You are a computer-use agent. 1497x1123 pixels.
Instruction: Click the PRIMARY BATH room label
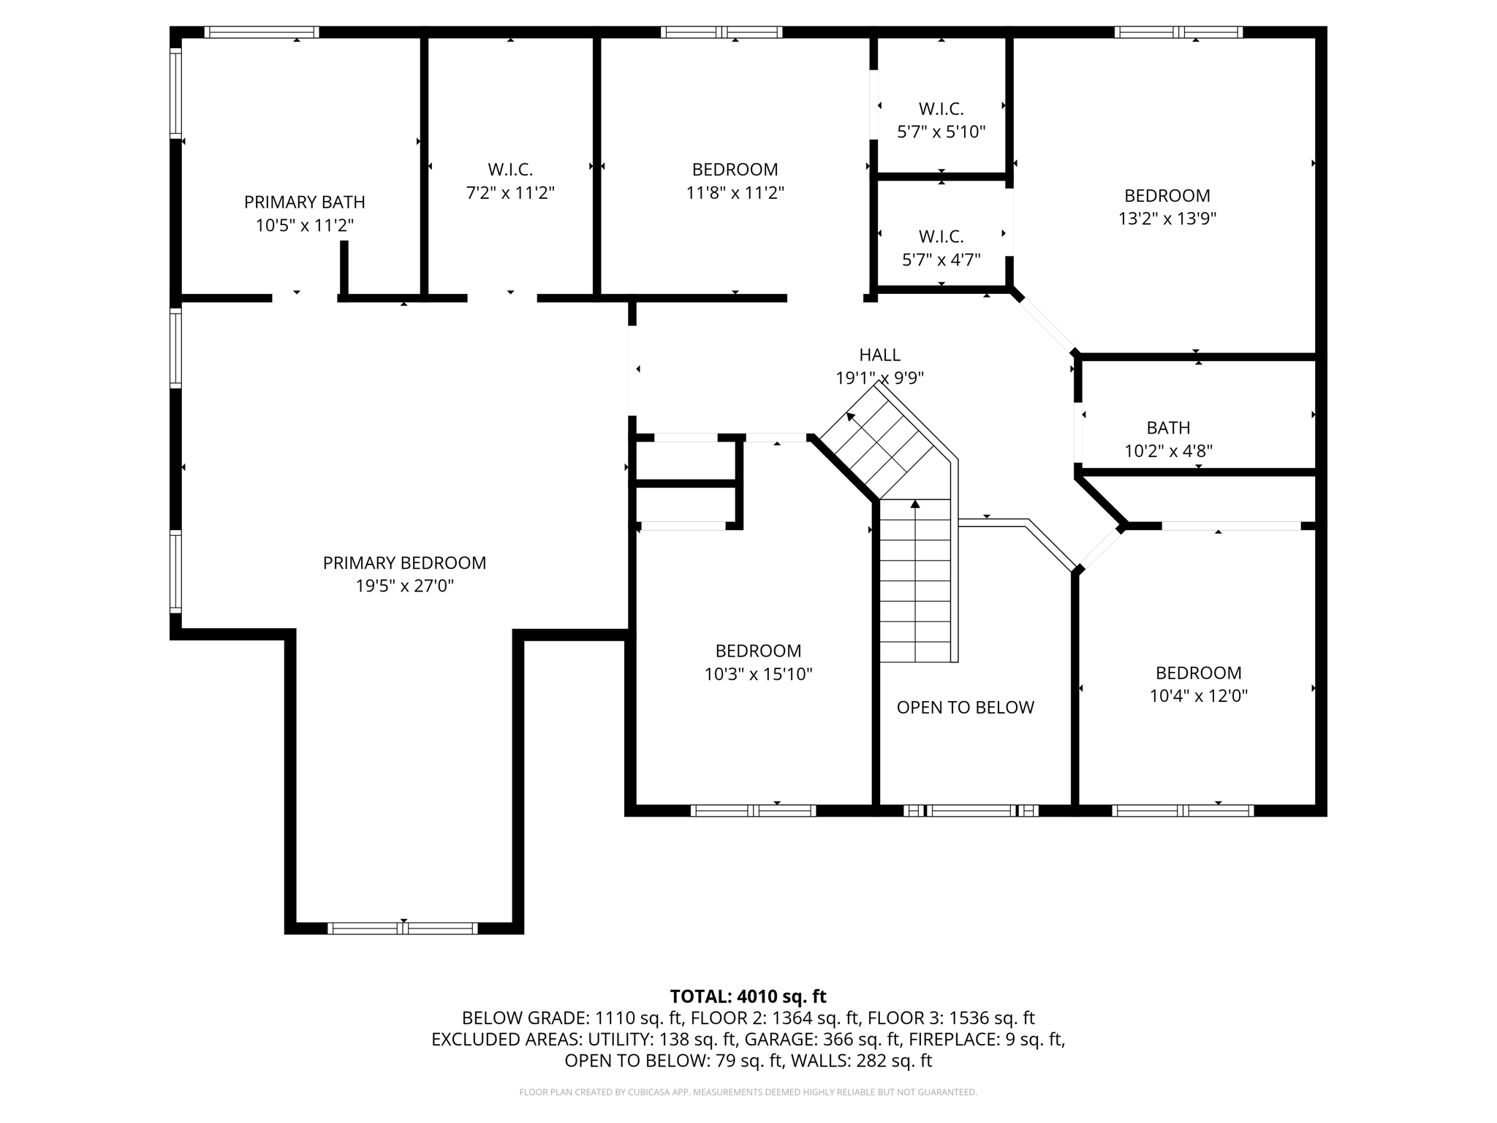[304, 202]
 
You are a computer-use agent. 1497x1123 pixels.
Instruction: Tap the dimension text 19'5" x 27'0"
[404, 586]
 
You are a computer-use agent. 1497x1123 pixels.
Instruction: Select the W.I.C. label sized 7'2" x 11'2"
[510, 170]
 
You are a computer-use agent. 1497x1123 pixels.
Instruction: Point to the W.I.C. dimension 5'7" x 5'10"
[941, 132]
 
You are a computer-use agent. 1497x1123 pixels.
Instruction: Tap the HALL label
[879, 355]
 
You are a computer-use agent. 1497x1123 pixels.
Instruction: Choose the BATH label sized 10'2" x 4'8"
[1168, 428]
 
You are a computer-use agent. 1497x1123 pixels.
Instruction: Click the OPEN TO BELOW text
[965, 708]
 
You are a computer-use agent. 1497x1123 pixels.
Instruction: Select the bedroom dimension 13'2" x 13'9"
[1167, 219]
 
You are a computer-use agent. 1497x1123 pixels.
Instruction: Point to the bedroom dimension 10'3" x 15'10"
[758, 674]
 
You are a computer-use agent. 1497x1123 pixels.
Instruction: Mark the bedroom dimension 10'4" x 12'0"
[1198, 696]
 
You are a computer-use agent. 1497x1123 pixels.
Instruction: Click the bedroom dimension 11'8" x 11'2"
[735, 193]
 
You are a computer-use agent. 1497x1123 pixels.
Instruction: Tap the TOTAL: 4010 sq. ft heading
[748, 997]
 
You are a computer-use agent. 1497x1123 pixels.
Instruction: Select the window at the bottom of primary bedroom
[403, 929]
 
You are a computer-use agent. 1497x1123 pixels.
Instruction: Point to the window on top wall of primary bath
[261, 32]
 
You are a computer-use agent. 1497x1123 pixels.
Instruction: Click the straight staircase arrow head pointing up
[915, 504]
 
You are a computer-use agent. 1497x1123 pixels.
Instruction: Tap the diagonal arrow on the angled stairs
[851, 417]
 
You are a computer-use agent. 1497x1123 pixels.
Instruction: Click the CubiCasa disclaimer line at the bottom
[748, 1092]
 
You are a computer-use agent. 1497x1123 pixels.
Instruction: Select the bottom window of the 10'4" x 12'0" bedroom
[1182, 810]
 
